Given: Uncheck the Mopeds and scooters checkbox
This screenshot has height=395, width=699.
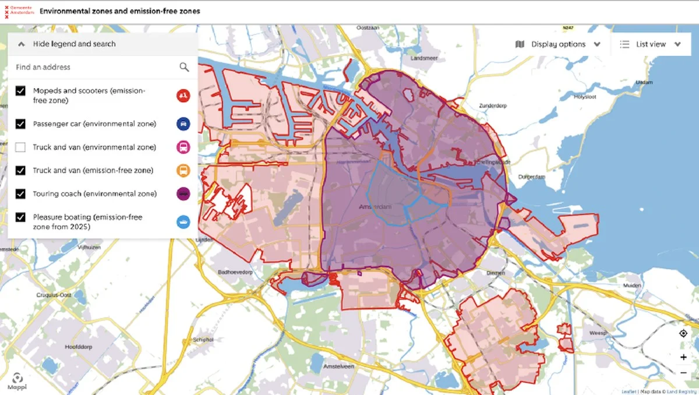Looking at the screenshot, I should point(21,91).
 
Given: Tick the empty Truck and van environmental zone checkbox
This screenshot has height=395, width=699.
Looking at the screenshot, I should point(21,147).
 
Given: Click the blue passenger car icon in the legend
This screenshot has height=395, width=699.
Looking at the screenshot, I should point(183,124).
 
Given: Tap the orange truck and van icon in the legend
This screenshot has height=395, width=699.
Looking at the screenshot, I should point(183,170).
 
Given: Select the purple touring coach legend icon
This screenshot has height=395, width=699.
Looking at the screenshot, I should point(183,194).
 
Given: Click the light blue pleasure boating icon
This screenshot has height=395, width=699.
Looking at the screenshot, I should point(183,221).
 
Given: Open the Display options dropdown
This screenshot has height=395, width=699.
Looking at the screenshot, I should point(558,44).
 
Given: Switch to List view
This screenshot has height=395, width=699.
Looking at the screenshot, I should point(650,44).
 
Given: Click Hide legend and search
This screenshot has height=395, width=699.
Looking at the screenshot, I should point(74,44).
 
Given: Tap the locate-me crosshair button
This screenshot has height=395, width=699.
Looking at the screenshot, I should point(683,333).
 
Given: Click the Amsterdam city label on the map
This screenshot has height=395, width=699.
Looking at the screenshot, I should point(375,207).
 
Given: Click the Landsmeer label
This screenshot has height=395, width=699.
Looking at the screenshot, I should point(423,59).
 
